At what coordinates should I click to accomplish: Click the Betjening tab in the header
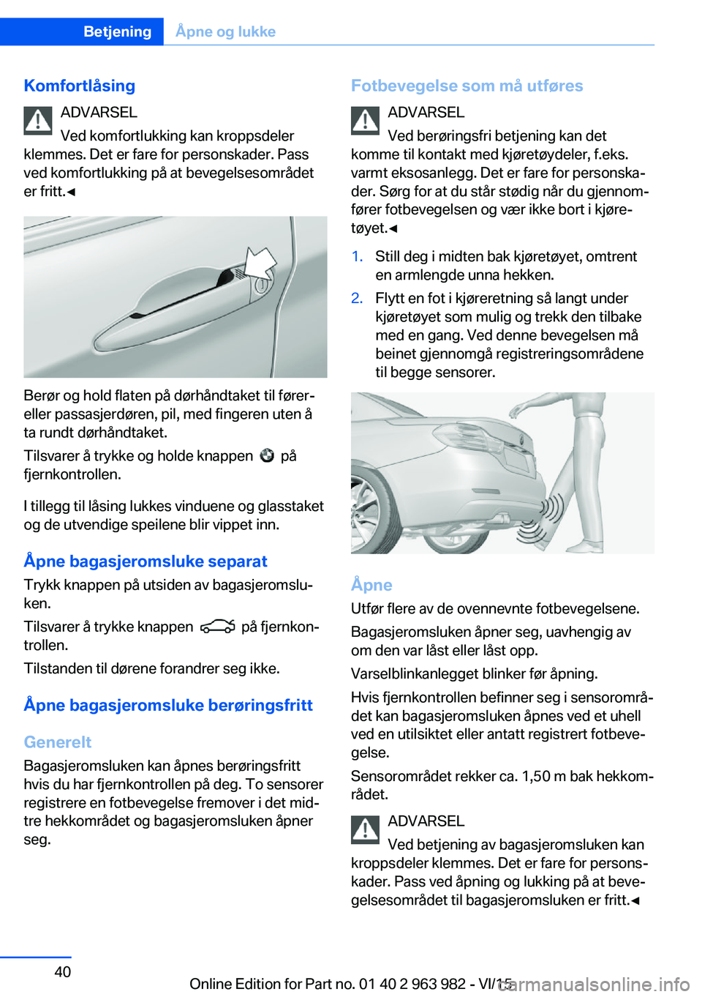117,31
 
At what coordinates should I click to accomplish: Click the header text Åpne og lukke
225,31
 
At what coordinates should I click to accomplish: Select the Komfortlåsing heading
80,86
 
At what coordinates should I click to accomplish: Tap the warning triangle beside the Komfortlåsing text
38,121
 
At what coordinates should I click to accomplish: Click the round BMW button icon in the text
267,455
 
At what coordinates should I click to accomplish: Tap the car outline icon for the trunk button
217,627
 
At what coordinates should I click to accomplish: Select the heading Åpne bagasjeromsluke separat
146,561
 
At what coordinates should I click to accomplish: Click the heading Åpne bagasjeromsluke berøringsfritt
168,705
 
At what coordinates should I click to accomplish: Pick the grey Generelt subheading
58,742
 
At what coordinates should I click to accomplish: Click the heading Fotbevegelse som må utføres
467,86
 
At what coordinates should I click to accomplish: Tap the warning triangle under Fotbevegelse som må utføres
365,121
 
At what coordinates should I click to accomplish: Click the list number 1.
357,256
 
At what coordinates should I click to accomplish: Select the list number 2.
357,298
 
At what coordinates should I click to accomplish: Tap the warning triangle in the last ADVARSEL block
365,829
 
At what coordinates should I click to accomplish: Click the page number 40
63,971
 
